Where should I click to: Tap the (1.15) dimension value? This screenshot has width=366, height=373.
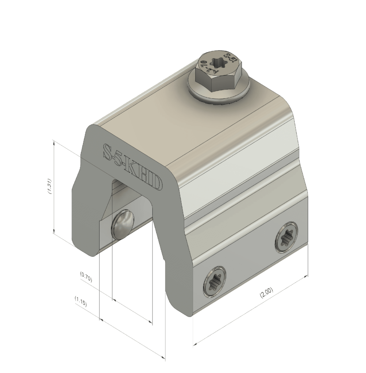[81, 301]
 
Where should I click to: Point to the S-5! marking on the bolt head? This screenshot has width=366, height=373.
[229, 59]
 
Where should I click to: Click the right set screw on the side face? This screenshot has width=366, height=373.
[286, 237]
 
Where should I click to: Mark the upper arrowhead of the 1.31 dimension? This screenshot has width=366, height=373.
[54, 142]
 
